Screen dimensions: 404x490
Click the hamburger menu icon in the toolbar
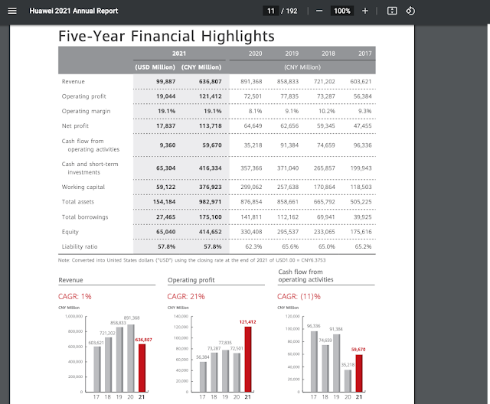point(11,11)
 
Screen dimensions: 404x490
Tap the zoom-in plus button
point(365,11)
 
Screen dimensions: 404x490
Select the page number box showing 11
point(271,11)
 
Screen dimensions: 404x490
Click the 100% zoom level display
point(341,11)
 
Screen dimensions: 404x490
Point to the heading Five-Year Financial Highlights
point(166,36)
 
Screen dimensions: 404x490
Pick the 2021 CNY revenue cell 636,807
point(205,81)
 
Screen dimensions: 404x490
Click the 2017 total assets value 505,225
point(360,201)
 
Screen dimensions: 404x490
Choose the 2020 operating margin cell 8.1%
point(254,110)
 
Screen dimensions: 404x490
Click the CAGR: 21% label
point(187,296)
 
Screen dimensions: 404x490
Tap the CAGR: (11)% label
point(299,296)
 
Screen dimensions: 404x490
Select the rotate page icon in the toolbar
point(410,11)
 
